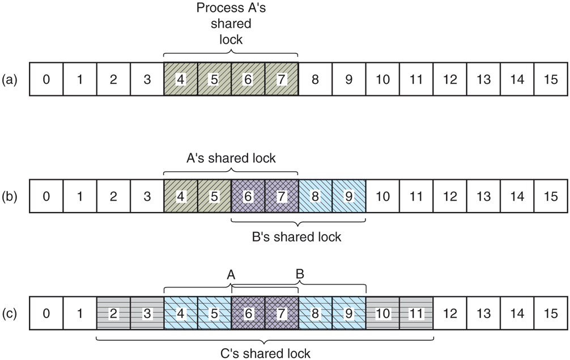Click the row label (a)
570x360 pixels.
pyautogui.click(x=10, y=79)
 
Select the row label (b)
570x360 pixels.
pyautogui.click(x=10, y=196)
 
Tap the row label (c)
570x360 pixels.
pyautogui.click(x=10, y=312)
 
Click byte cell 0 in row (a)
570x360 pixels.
pyautogui.click(x=46, y=79)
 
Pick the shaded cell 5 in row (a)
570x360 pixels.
pyautogui.click(x=214, y=79)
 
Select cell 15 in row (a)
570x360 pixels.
pyautogui.click(x=551, y=79)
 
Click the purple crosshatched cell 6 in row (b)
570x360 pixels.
pyautogui.click(x=248, y=196)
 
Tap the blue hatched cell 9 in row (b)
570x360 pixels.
pyautogui.click(x=348, y=196)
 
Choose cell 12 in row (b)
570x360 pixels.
pyautogui.click(x=450, y=196)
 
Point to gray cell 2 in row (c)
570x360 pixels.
pyautogui.click(x=113, y=312)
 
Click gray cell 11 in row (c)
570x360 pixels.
pyautogui.click(x=416, y=312)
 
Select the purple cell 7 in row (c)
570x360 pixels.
pyautogui.click(x=282, y=312)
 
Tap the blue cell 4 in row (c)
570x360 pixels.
pyautogui.click(x=180, y=312)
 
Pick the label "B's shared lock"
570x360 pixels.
pyautogui.click(x=296, y=236)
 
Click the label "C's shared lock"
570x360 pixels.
pyautogui.click(x=265, y=353)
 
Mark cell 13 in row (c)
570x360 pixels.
pyautogui.click(x=483, y=312)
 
